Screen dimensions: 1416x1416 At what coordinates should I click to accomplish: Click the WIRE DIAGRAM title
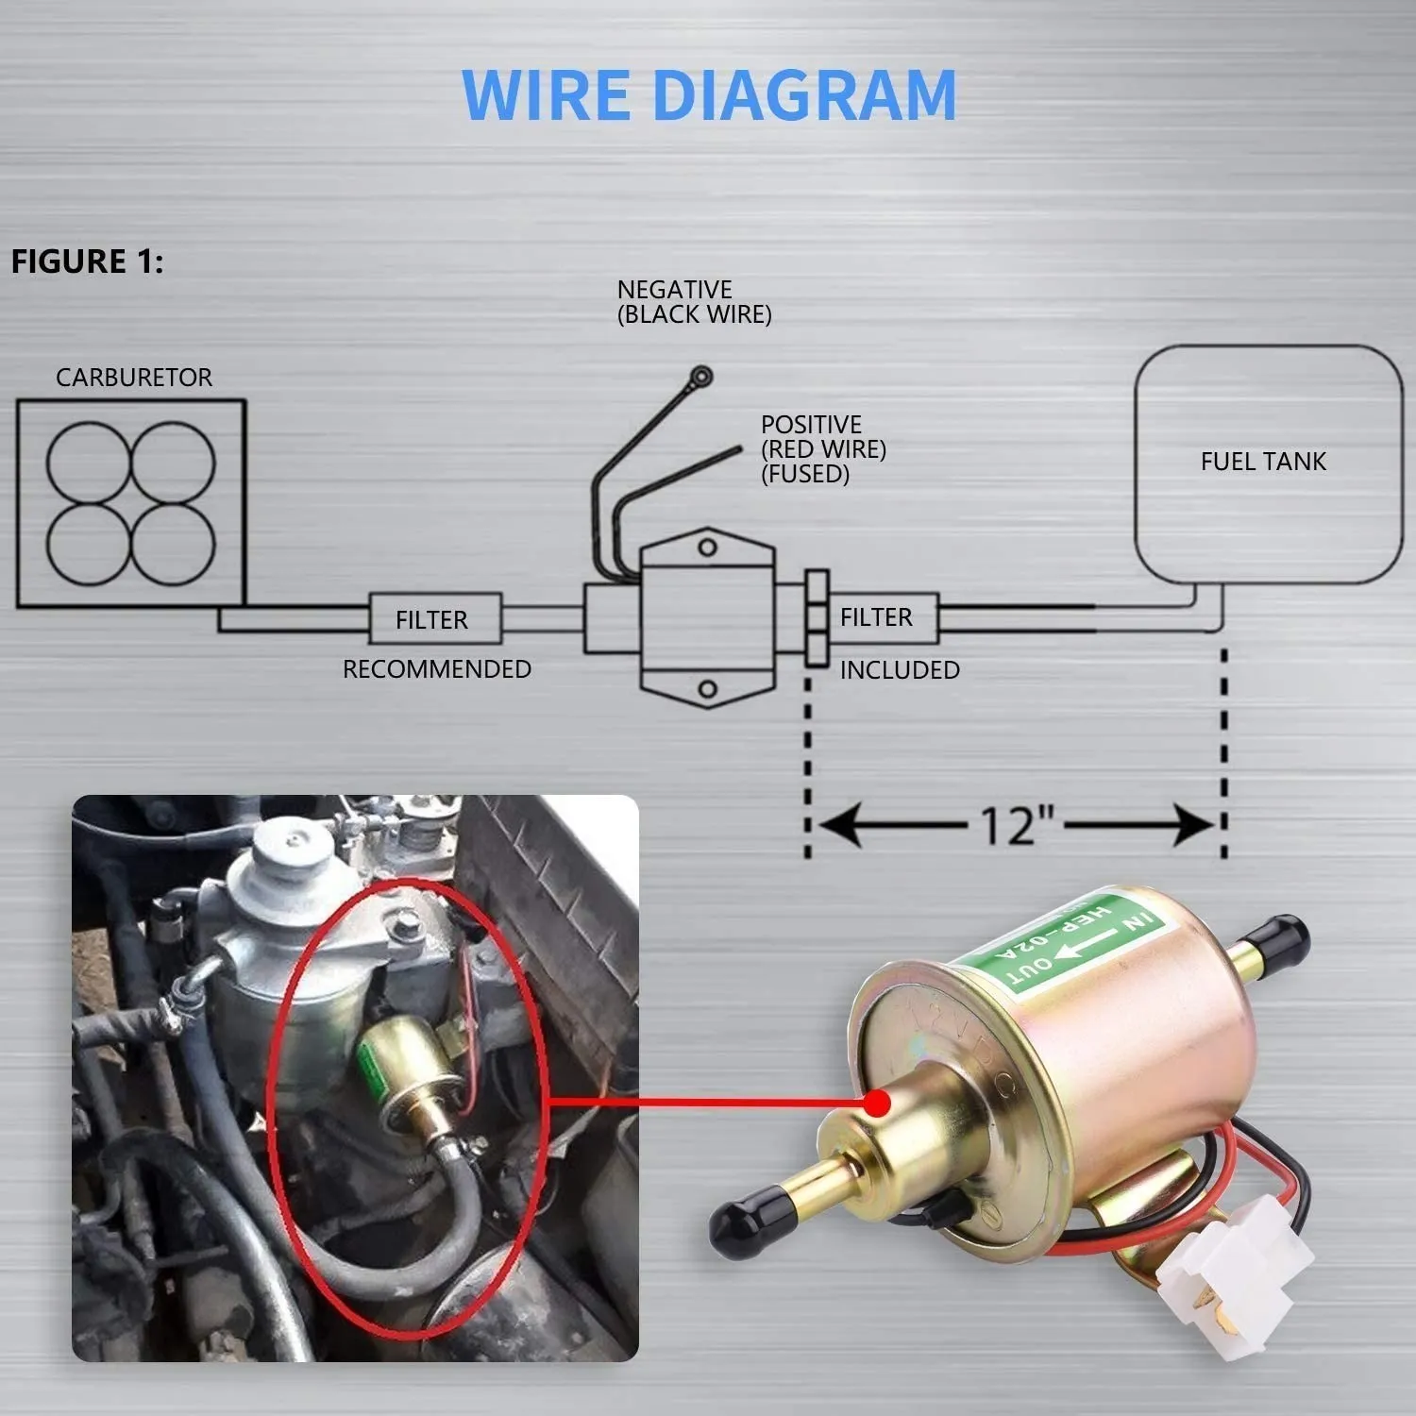(708, 95)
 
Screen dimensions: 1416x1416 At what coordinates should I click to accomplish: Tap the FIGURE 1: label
(87, 261)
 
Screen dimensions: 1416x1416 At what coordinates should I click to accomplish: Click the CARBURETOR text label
(133, 378)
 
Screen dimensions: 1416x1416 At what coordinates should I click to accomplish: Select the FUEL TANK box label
(1263, 462)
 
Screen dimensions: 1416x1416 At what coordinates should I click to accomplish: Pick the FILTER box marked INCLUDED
(878, 617)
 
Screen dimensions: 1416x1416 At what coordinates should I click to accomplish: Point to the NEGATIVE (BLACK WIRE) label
(694, 302)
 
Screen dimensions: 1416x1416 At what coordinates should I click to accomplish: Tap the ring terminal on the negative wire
(700, 377)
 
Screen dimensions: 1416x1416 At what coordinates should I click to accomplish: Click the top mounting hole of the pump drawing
(707, 548)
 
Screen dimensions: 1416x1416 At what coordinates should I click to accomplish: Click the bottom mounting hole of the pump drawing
(707, 689)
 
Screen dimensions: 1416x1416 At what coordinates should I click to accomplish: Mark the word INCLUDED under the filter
(900, 670)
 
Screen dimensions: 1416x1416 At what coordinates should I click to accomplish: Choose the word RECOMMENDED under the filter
(436, 669)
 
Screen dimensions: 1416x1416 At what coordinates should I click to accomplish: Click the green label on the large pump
(1067, 944)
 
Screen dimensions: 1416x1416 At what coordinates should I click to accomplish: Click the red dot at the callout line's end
(878, 1102)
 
